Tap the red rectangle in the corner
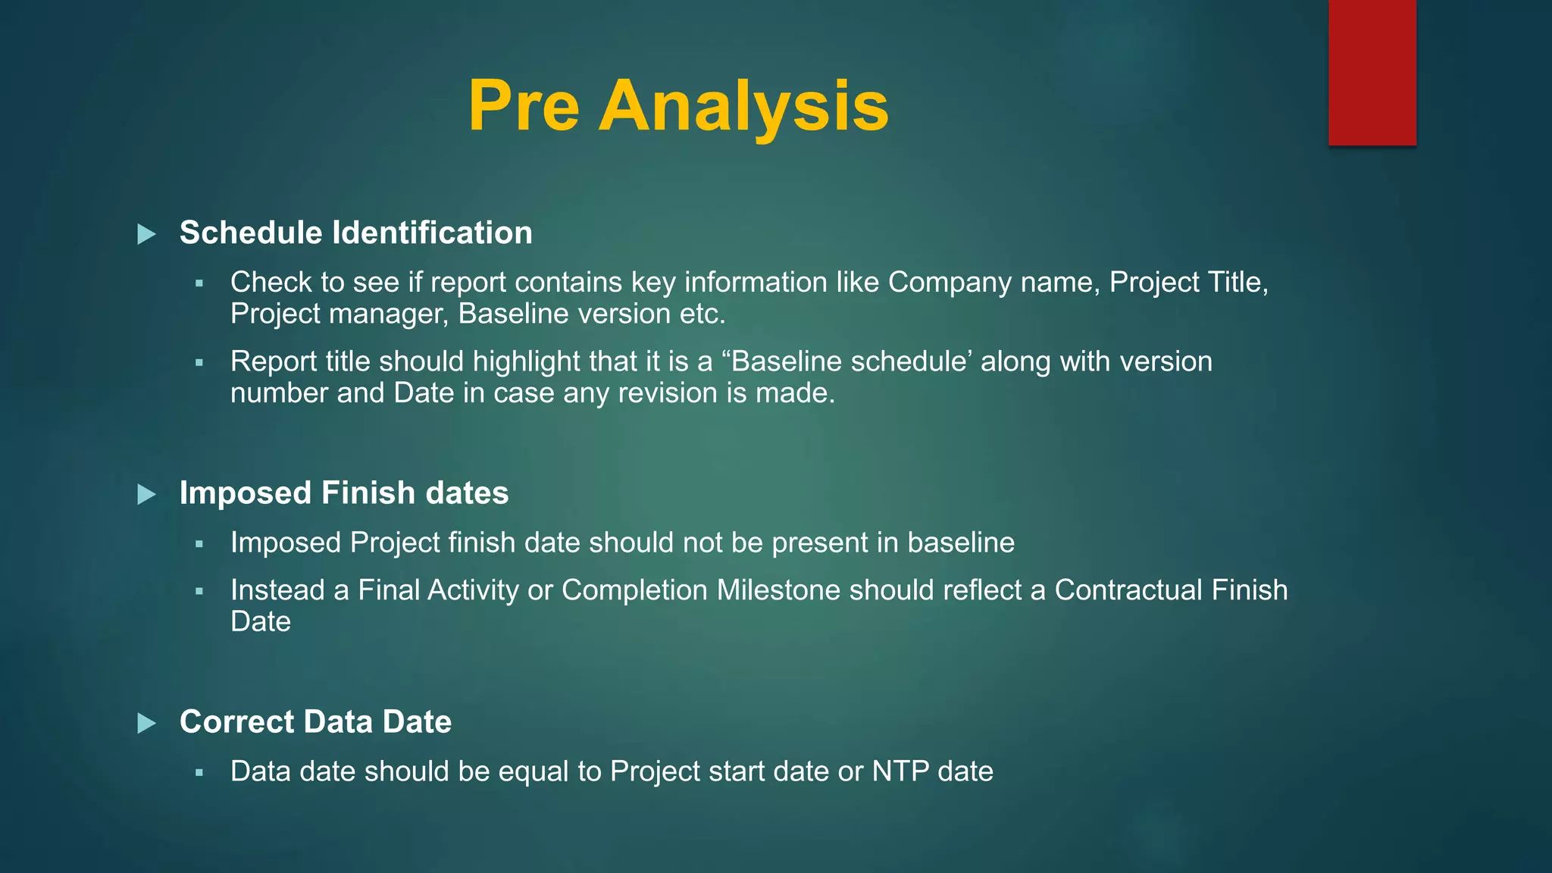(x=1372, y=72)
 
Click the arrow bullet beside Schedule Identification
(x=146, y=234)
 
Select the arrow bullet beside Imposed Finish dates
(x=146, y=495)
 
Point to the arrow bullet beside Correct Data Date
(x=146, y=724)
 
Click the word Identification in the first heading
(x=432, y=233)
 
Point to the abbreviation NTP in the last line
(x=900, y=771)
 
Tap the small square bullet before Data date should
(x=199, y=773)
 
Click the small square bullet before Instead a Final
(x=199, y=592)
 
